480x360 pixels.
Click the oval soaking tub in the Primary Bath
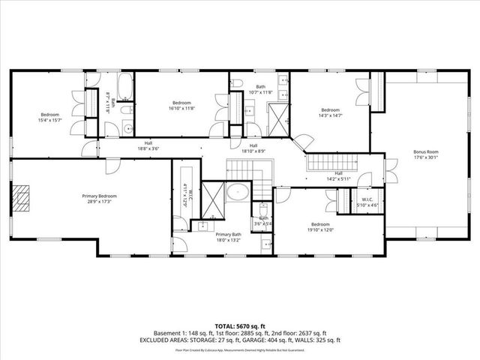tap(238, 191)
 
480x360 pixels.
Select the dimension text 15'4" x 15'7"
tap(49, 119)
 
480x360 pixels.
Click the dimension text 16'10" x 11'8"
tap(181, 108)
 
